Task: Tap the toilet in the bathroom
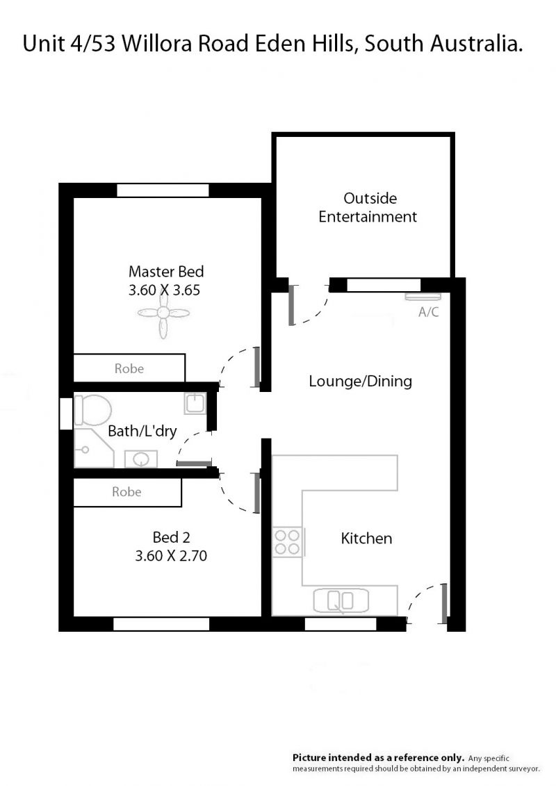pos(92,409)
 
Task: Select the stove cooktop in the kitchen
pos(287,542)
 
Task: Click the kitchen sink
pos(341,600)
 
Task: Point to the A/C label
pos(429,312)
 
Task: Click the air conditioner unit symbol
pos(423,296)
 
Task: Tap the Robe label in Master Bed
pos(129,368)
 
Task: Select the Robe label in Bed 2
pos(126,492)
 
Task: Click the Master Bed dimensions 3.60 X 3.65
pos(165,290)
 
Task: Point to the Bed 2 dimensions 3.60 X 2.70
pos(171,555)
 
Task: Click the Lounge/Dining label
pos(361,382)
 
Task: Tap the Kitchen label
pos(366,539)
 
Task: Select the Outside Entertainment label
pos(368,208)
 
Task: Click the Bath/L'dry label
pos(142,431)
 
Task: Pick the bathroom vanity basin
pos(141,459)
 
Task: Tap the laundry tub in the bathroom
pos(195,403)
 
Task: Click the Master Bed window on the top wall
pos(163,190)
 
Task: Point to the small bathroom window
pos(66,414)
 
